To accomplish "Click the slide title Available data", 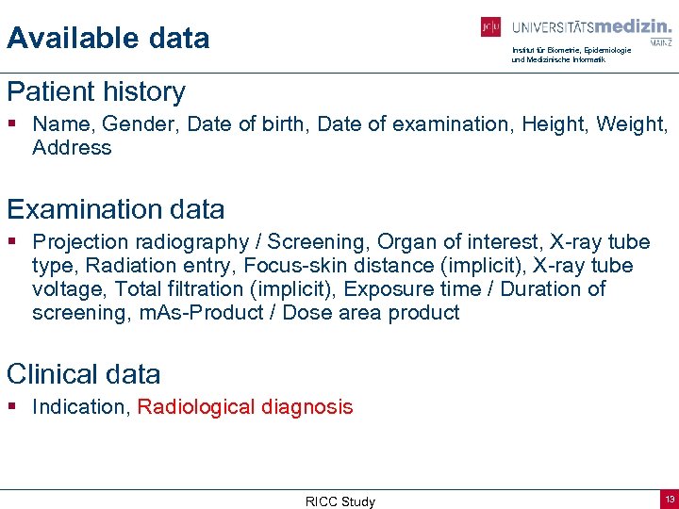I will point(108,39).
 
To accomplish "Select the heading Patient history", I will point(96,92).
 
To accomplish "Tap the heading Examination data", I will point(116,209).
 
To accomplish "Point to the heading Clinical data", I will point(84,374).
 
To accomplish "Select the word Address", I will point(72,148).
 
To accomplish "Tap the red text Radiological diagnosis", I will point(245,407).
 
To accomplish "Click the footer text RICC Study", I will point(340,501).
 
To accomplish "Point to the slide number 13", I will point(669,498).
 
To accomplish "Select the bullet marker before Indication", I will point(12,407).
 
